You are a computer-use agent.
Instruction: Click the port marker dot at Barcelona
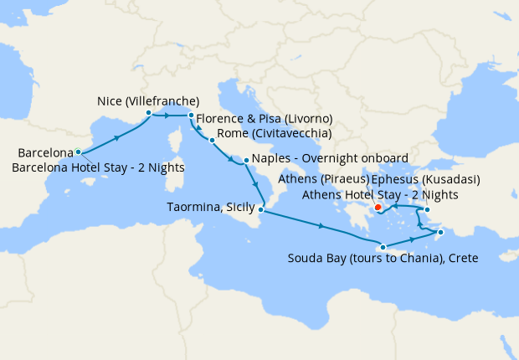(x=78, y=152)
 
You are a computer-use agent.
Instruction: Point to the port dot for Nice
(x=148, y=112)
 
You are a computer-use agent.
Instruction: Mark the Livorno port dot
(x=191, y=115)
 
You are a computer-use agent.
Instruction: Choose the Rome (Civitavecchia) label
(x=274, y=133)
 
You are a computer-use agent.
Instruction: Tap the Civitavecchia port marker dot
(x=212, y=140)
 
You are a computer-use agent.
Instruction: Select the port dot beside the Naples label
(x=245, y=159)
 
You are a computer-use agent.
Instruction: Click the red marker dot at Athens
(x=378, y=207)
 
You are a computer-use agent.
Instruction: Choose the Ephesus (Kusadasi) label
(x=414, y=178)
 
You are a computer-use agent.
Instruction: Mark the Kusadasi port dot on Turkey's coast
(x=427, y=210)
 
